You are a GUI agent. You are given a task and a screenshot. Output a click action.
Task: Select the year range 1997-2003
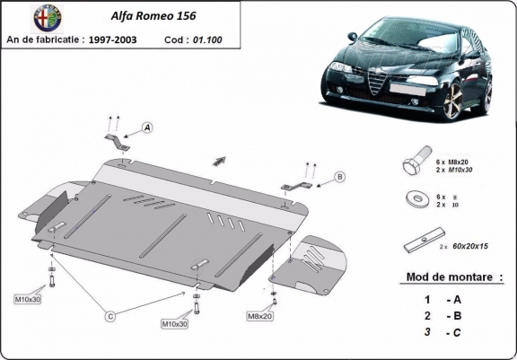click(133, 40)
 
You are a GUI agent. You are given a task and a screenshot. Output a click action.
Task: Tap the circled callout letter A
click(146, 127)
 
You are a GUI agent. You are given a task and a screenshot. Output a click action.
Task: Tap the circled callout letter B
click(340, 176)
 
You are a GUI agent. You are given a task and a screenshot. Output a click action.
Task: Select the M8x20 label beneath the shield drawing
click(260, 317)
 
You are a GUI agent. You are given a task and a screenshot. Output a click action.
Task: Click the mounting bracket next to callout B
click(296, 187)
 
